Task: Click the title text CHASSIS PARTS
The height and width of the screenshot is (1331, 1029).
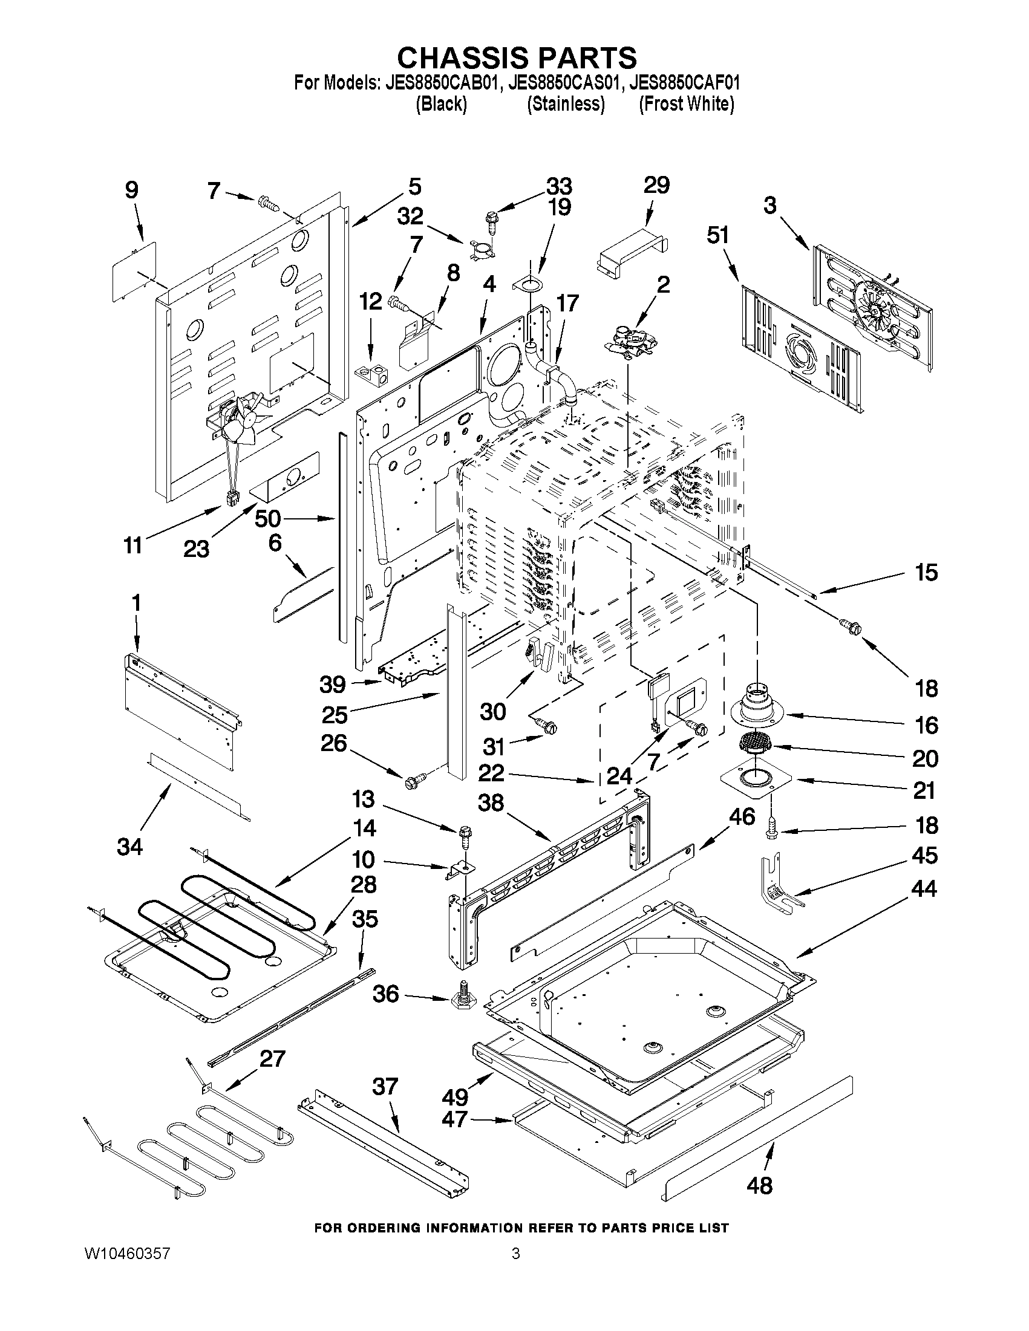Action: click(x=517, y=58)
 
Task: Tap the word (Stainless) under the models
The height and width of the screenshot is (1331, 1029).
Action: click(x=565, y=104)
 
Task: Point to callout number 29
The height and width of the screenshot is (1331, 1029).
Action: click(x=656, y=185)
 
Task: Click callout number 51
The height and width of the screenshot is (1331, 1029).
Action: click(x=717, y=235)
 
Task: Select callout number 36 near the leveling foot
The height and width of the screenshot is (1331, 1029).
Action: click(x=385, y=994)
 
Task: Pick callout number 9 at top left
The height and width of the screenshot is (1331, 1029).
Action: click(x=132, y=190)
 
